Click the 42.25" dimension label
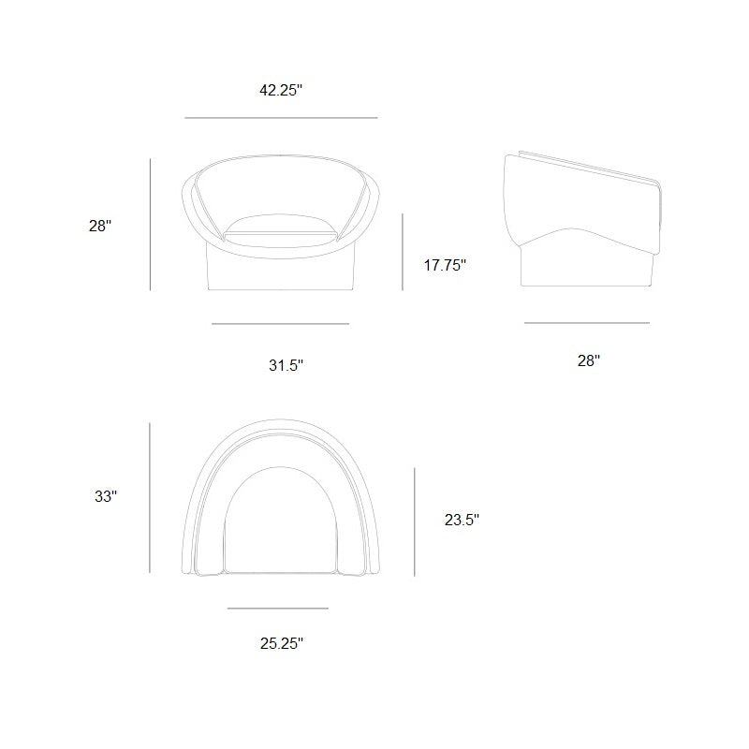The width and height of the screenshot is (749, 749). tap(281, 90)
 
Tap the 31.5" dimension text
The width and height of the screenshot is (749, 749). tap(286, 365)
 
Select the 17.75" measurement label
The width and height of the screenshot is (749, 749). tap(445, 265)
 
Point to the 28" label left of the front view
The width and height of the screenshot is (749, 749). tap(100, 226)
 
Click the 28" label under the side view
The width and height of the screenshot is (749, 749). tap(589, 360)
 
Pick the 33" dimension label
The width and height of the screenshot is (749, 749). tap(106, 496)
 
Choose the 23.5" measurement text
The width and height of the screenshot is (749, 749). tap(462, 520)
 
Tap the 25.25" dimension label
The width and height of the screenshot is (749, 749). tap(282, 643)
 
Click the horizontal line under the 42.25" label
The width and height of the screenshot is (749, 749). tap(281, 118)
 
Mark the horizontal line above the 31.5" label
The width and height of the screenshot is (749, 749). tap(280, 324)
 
